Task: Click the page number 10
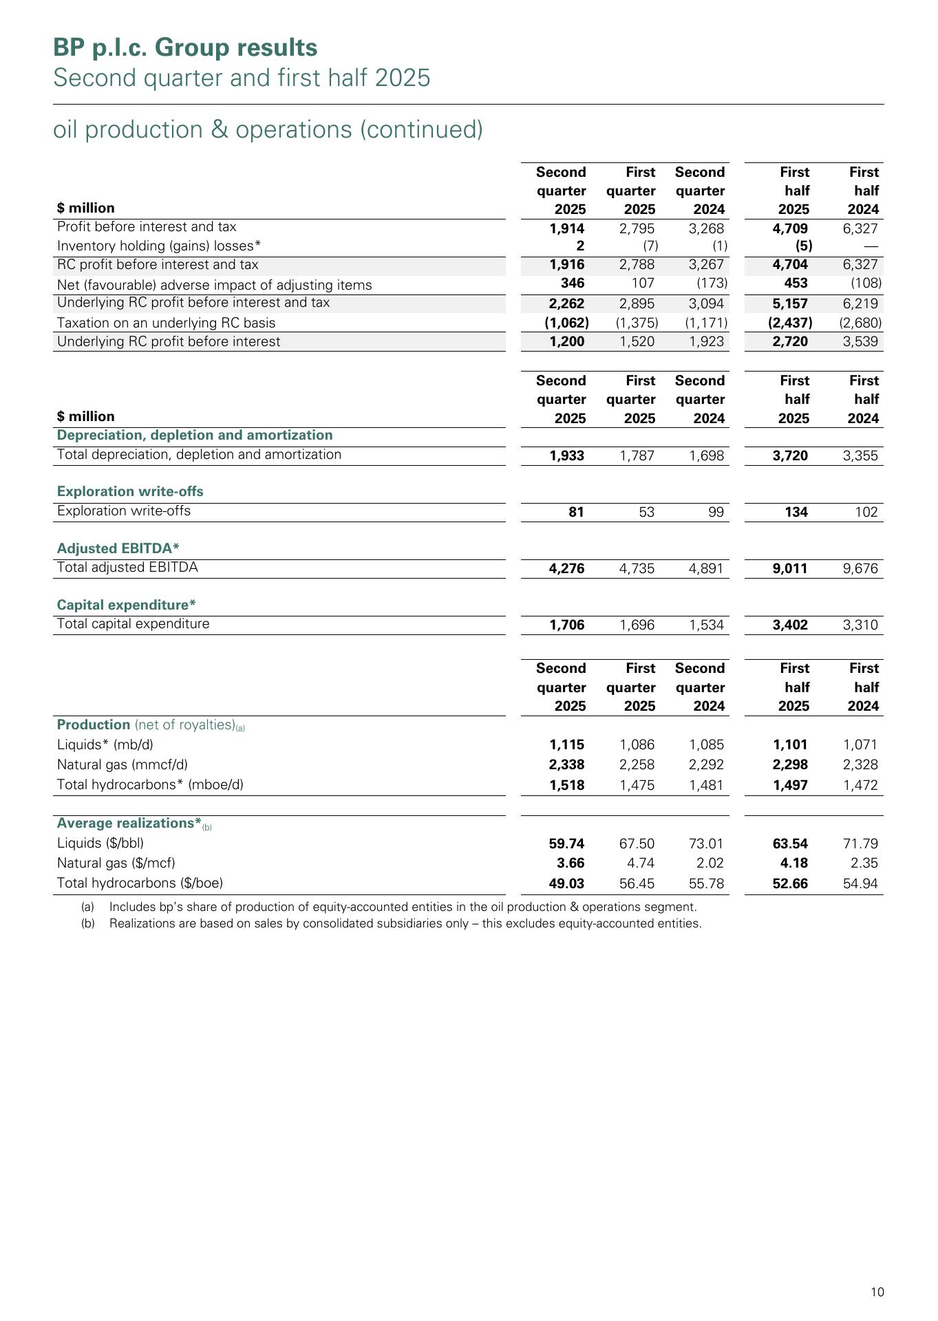(877, 1292)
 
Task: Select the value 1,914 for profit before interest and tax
(567, 228)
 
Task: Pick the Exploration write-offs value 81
(576, 512)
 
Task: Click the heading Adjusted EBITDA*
(118, 548)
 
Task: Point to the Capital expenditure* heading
(126, 605)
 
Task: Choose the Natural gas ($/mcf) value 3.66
(571, 863)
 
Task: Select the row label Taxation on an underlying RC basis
(166, 323)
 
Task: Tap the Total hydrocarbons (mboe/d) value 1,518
(567, 785)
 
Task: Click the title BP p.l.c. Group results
(185, 47)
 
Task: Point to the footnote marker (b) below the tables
(87, 923)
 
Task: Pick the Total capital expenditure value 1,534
(706, 625)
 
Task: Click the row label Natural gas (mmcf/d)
(122, 764)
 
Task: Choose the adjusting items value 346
(573, 283)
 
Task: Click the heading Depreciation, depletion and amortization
(195, 435)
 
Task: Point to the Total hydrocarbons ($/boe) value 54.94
(860, 883)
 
